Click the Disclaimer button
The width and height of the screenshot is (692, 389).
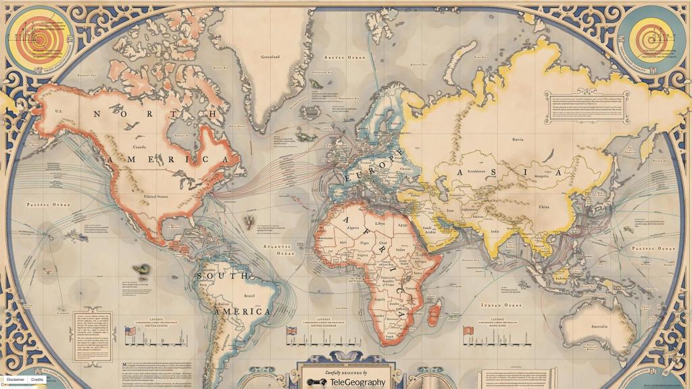coord(16,380)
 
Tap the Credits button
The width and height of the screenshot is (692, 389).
coord(38,380)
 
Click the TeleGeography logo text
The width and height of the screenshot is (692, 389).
coord(357,382)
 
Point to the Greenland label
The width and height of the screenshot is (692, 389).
coord(270,57)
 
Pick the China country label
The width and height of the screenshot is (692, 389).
coord(544,207)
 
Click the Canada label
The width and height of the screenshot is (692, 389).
coord(139,147)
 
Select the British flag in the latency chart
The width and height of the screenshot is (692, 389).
coord(293,331)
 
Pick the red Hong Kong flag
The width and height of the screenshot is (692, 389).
coord(466,331)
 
